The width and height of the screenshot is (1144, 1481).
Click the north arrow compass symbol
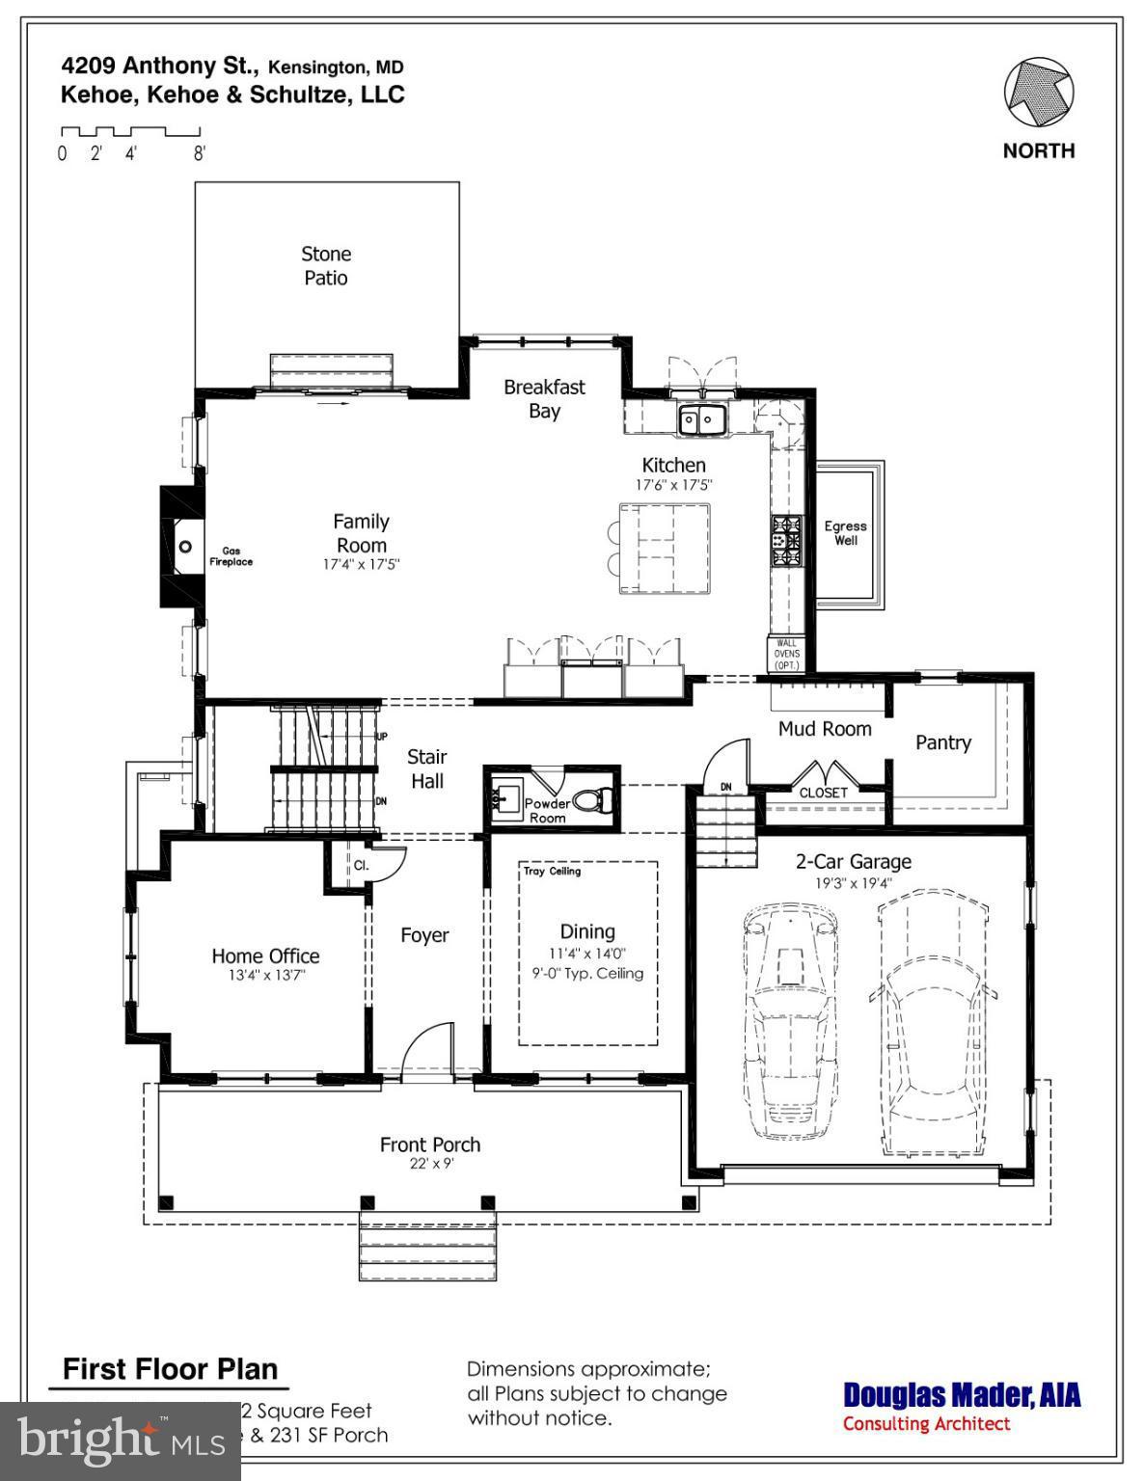point(1039,94)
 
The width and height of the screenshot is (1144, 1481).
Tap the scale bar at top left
point(130,132)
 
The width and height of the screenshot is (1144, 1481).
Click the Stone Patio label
point(326,266)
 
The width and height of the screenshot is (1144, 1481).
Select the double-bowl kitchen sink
point(702,419)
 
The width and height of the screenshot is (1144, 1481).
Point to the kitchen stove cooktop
point(786,540)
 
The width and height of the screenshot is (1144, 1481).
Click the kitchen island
point(666,548)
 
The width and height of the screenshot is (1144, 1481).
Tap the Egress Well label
point(845,533)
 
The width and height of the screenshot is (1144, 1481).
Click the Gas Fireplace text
point(232,556)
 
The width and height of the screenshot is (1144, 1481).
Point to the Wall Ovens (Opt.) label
point(786,654)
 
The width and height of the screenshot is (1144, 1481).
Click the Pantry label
point(942,742)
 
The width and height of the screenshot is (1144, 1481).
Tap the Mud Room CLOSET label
point(823,793)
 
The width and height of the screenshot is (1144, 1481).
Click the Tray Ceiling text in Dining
point(552,872)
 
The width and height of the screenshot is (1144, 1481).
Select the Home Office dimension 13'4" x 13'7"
point(265,975)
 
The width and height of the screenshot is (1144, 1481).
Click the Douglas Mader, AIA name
point(962,1394)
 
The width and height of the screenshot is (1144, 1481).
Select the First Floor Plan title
point(170,1369)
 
